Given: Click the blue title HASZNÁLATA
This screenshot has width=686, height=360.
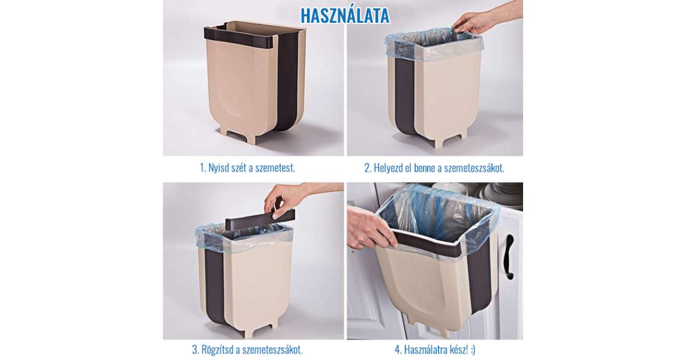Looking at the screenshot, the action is pos(345,15).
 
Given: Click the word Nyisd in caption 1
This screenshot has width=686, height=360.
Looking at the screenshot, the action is pos(218,168).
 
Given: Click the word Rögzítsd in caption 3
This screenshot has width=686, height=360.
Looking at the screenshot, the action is pos(216,350).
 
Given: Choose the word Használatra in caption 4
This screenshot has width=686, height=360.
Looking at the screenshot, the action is pos(424,350).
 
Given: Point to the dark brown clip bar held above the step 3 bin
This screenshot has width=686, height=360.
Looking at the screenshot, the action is pos(260,218).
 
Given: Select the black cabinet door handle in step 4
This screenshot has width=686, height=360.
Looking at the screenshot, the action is pos(508,257).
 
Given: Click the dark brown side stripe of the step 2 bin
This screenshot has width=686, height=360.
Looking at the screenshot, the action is pos(404,97).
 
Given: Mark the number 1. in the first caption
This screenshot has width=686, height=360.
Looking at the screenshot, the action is pos(203,168).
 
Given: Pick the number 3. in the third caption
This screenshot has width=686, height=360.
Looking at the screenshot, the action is pos(196,350).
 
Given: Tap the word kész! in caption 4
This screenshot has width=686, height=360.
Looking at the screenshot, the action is pos(456,350).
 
